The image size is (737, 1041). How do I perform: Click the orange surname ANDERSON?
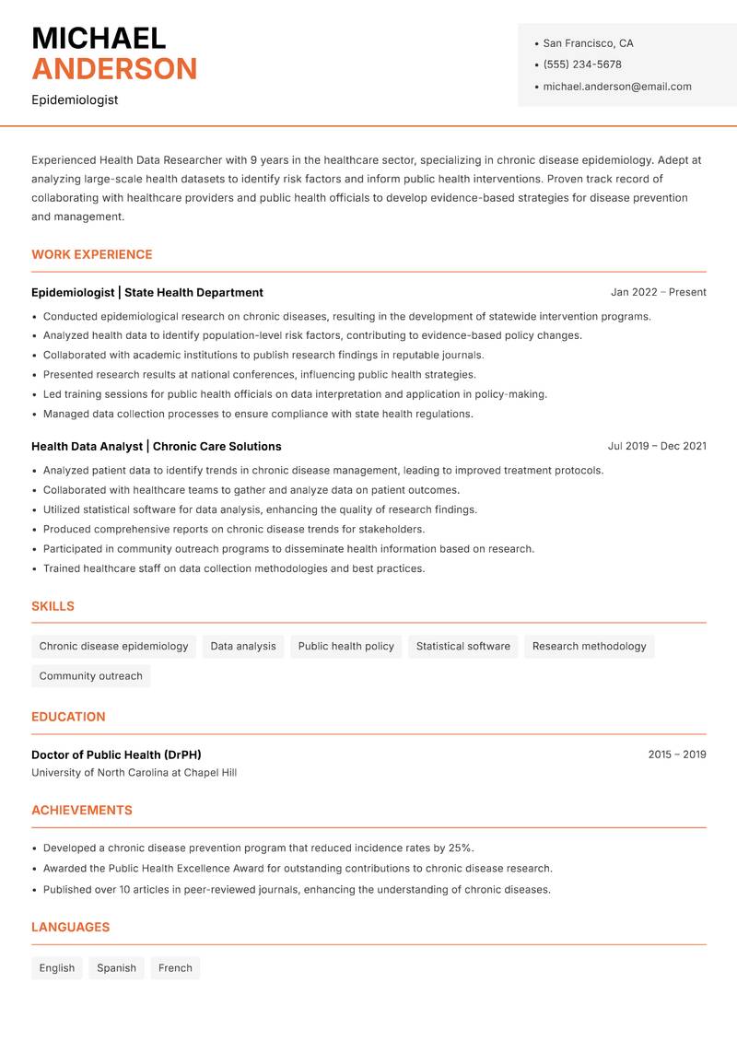click(114, 69)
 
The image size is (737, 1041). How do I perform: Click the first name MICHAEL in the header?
click(99, 38)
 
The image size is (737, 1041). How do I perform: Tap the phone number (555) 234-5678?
click(581, 64)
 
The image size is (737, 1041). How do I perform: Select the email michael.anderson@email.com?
click(616, 87)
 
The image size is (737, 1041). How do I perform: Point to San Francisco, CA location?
click(588, 43)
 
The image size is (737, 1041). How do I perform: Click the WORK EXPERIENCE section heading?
click(92, 254)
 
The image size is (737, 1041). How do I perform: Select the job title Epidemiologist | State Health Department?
click(147, 292)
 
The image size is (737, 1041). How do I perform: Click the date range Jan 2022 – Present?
click(658, 292)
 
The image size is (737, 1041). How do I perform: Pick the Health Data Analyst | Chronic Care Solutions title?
click(157, 446)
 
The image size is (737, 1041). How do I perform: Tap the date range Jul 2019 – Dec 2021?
click(657, 446)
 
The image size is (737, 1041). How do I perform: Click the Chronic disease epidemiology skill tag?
click(113, 646)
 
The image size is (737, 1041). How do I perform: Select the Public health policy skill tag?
click(345, 646)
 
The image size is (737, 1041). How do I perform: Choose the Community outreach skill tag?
click(90, 675)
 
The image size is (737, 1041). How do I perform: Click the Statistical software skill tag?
click(462, 646)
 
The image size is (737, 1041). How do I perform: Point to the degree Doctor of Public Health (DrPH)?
click(116, 754)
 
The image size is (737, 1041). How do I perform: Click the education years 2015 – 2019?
click(676, 754)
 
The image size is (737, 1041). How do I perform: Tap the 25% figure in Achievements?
click(461, 848)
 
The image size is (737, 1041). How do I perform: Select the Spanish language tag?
click(116, 967)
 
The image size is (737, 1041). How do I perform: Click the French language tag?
click(175, 967)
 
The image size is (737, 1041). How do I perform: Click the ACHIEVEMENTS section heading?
click(82, 810)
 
